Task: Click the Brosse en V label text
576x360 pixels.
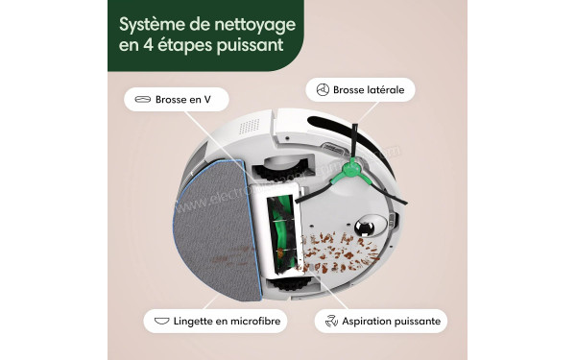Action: pyautogui.click(x=182, y=99)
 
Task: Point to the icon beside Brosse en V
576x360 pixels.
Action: pyautogui.click(x=143, y=99)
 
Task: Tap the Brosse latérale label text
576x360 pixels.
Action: pyautogui.click(x=370, y=89)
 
